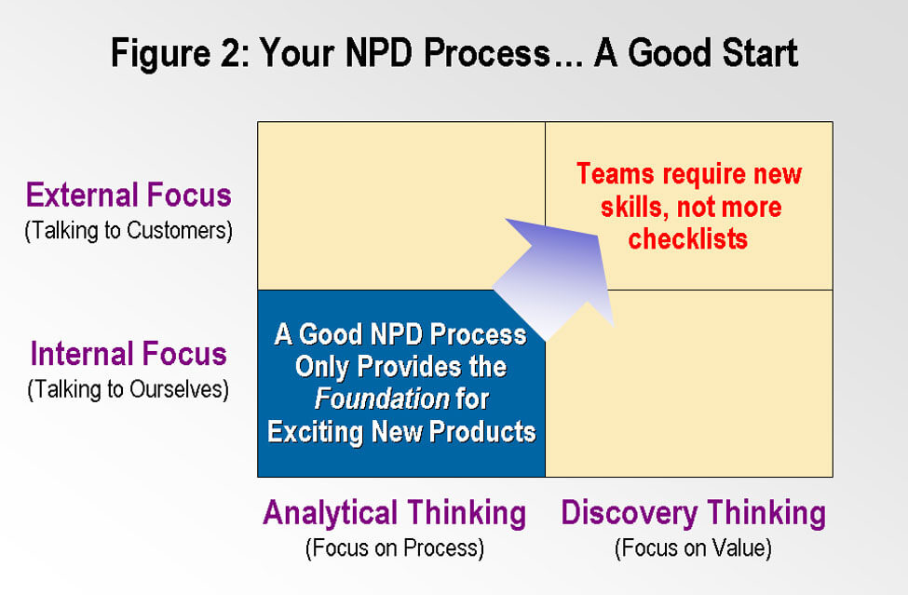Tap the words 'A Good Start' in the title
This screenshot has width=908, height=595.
[697, 53]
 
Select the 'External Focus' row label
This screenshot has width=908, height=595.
[129, 195]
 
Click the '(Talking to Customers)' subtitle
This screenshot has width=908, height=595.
[129, 230]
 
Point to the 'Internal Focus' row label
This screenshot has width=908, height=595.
[129, 354]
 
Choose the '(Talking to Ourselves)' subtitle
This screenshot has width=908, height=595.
[129, 389]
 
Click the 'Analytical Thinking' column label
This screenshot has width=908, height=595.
[394, 513]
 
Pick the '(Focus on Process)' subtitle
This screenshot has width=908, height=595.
[394, 548]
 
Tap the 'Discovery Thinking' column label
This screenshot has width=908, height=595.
[693, 513]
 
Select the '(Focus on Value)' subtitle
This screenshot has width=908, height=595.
[693, 548]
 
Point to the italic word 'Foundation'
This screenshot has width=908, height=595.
[382, 399]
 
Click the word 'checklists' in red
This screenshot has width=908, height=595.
[688, 238]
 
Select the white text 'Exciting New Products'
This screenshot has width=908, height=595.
[401, 432]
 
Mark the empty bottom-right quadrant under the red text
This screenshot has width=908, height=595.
[689, 384]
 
